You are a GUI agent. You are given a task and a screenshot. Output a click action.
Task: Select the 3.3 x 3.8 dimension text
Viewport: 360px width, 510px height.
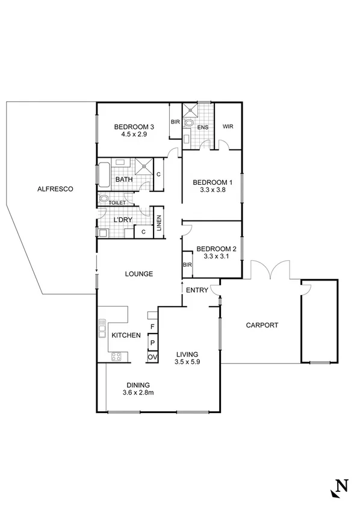[x=213, y=190]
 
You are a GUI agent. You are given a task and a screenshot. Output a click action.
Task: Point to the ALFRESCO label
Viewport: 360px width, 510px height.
[x=55, y=189]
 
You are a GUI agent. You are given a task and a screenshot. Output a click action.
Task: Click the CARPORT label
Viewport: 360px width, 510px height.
[x=262, y=325]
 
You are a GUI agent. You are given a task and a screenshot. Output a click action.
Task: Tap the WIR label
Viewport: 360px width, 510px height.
[x=228, y=127]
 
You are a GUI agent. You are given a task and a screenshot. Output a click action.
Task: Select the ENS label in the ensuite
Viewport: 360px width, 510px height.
[x=203, y=128]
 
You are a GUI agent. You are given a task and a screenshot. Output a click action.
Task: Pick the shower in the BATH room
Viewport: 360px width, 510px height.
[x=144, y=166]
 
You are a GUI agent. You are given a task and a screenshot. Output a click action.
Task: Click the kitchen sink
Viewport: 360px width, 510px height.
[x=102, y=329]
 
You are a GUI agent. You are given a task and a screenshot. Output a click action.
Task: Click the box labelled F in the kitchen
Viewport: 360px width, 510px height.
[x=153, y=327]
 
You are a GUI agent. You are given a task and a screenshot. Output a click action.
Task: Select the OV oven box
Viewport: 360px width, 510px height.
[x=153, y=357]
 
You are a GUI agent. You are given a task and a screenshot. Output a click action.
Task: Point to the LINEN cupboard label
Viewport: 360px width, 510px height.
[x=159, y=223]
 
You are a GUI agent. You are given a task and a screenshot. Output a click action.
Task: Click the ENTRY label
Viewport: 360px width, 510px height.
[x=197, y=290]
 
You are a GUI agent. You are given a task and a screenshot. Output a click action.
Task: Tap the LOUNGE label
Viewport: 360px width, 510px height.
[x=138, y=273]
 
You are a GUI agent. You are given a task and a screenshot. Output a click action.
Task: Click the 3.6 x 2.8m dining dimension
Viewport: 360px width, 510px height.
[x=138, y=393]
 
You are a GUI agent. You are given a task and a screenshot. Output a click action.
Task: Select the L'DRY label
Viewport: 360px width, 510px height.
[x=123, y=220]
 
